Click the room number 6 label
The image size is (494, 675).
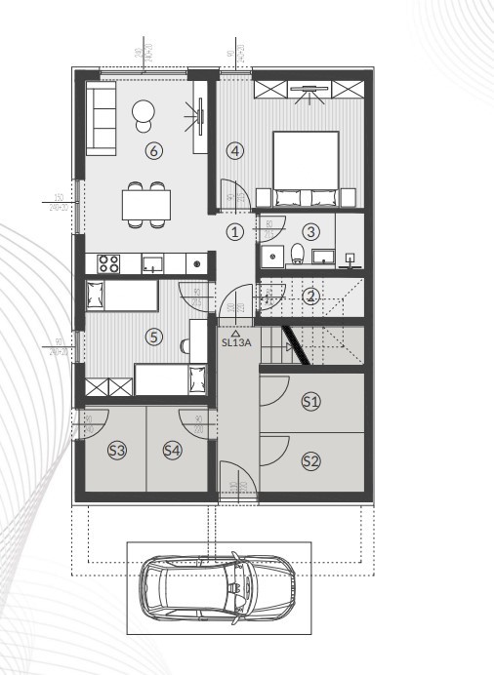click(x=152, y=150)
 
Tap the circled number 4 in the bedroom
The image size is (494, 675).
click(x=234, y=150)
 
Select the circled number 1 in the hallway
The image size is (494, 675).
click(x=234, y=231)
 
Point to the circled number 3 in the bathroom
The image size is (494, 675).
click(x=310, y=231)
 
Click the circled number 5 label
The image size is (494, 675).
click(x=152, y=337)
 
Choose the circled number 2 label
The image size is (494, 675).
click(x=310, y=297)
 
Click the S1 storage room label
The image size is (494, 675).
click(x=310, y=400)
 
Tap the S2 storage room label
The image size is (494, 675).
click(x=310, y=460)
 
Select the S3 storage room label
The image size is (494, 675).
click(x=117, y=450)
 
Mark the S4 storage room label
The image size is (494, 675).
click(x=173, y=450)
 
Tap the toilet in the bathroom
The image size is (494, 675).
click(x=297, y=255)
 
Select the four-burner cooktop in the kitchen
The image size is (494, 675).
click(x=107, y=262)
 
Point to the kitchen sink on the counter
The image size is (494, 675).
click(x=152, y=262)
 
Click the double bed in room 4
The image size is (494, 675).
click(x=310, y=170)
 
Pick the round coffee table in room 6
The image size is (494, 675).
click(x=144, y=112)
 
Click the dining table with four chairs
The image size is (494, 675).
click(x=145, y=204)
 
